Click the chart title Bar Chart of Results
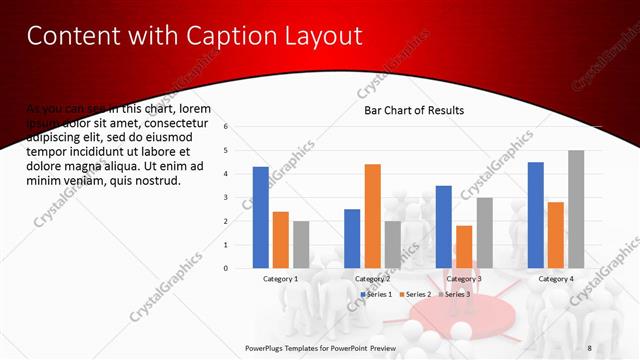(413, 110)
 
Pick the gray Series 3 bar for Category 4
(576, 209)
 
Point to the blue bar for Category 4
(535, 215)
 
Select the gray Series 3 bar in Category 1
(301, 244)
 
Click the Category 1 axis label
(280, 278)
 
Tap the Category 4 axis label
(556, 278)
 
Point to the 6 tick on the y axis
(227, 127)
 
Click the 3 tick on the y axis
(227, 197)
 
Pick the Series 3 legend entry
(454, 294)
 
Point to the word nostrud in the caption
(157, 181)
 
